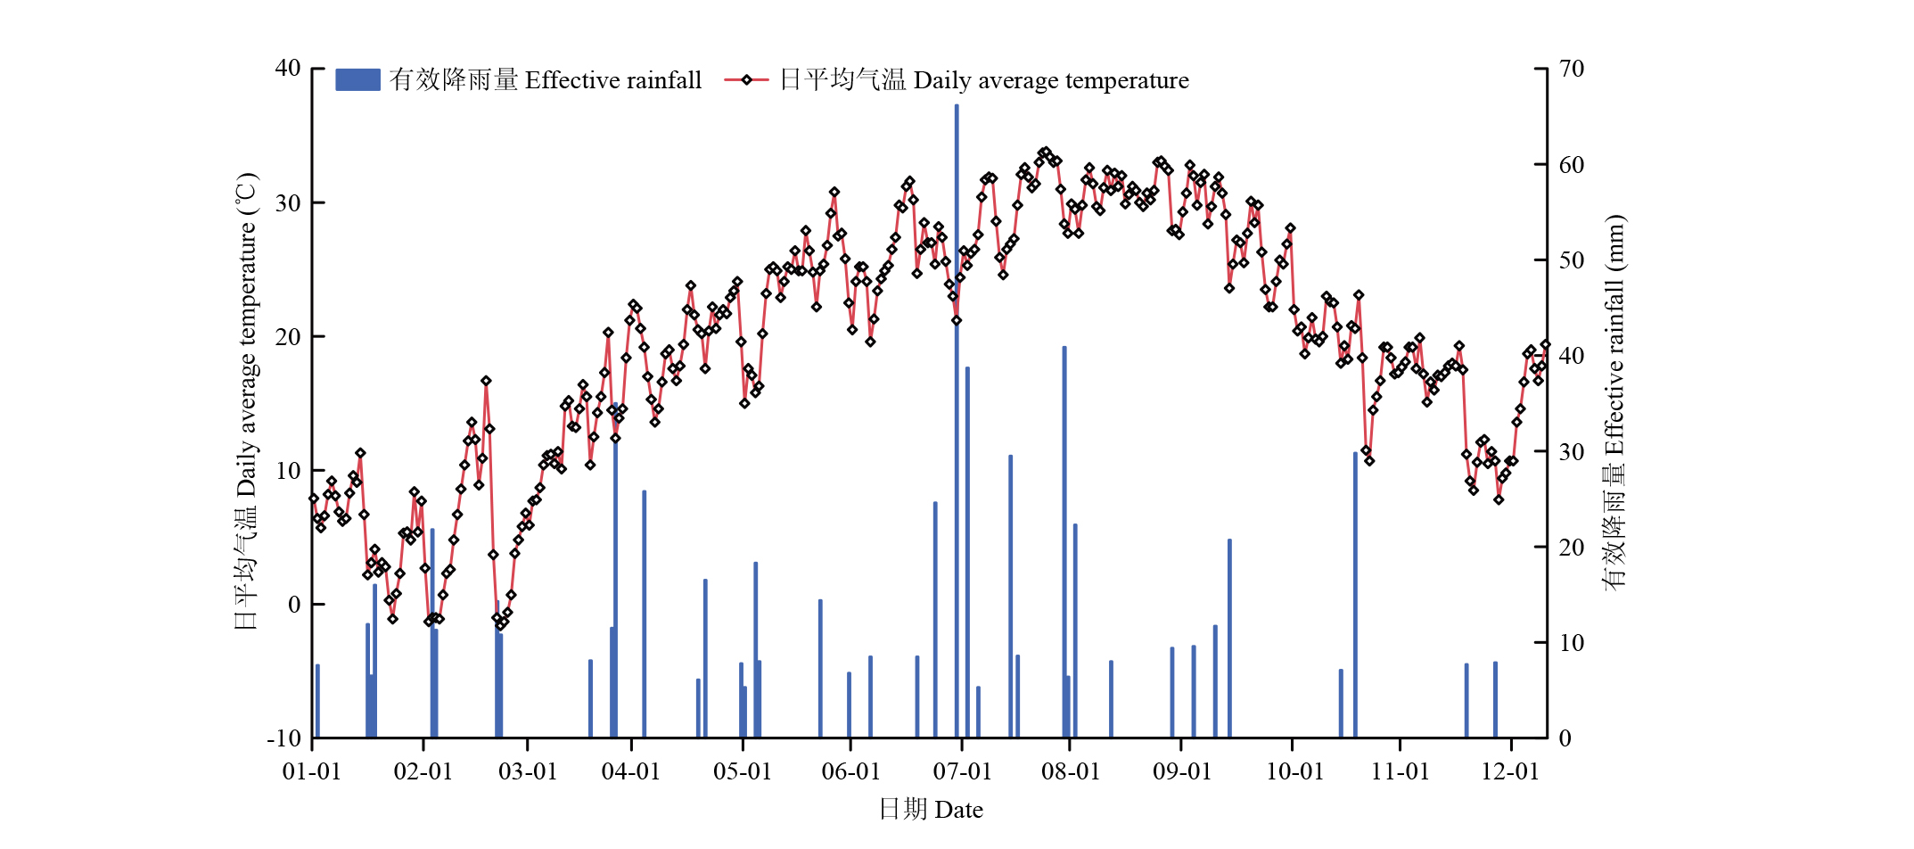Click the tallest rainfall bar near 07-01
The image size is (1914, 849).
pos(957,419)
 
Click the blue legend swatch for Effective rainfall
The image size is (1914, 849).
pos(357,80)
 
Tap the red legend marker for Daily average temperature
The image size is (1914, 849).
pos(746,80)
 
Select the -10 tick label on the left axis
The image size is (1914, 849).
pos(284,738)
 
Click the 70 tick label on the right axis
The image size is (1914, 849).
pos(1572,69)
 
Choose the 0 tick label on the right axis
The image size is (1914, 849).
pos(1565,738)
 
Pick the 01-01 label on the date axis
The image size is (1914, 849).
pos(312,771)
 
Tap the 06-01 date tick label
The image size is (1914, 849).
pos(850,771)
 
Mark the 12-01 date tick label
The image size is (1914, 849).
pos(1510,771)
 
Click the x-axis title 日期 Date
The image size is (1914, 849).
pos(931,810)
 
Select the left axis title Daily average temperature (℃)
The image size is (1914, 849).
pos(246,401)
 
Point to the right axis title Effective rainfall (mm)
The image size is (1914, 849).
pos(1614,401)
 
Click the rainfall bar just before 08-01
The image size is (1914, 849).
pos(1064,544)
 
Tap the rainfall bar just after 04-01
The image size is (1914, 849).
pos(645,615)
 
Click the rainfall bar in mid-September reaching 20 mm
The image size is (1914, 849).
pos(1229,639)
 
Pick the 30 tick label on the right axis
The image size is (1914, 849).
pos(1572,451)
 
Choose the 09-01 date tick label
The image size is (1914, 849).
pos(1182,771)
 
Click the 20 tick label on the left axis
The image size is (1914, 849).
pos(288,337)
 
